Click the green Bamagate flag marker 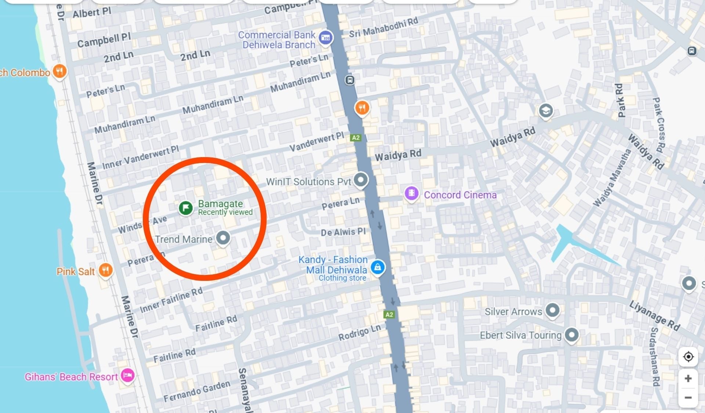[x=186, y=208]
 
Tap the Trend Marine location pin [x=223, y=238]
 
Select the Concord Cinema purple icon [x=412, y=193]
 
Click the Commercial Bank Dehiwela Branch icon [x=326, y=37]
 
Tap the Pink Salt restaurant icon [x=106, y=270]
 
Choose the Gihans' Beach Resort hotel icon [x=127, y=375]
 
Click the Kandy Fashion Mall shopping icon [x=377, y=267]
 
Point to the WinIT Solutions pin [x=361, y=180]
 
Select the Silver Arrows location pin [x=552, y=310]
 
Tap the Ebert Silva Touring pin [x=571, y=334]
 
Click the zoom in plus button [x=688, y=378]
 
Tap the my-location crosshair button [x=688, y=356]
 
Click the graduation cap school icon [x=546, y=110]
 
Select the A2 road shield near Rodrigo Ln [x=389, y=315]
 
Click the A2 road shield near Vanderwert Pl [x=355, y=138]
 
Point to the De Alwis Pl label [x=343, y=232]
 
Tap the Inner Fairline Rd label [x=171, y=300]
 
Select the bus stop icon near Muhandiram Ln [x=350, y=80]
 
